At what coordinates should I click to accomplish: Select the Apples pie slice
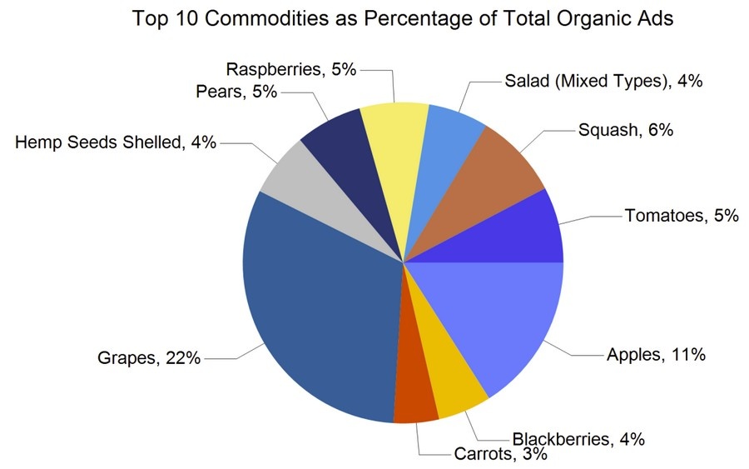[491, 317]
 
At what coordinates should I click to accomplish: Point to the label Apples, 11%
[656, 354]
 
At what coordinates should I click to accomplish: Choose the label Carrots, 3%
[499, 454]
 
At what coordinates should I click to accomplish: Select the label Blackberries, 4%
[578, 439]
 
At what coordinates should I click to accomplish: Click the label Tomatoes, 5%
[681, 217]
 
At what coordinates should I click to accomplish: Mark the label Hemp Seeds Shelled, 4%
[116, 142]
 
